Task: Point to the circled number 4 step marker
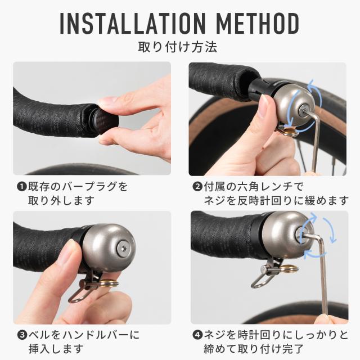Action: pos(197,335)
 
